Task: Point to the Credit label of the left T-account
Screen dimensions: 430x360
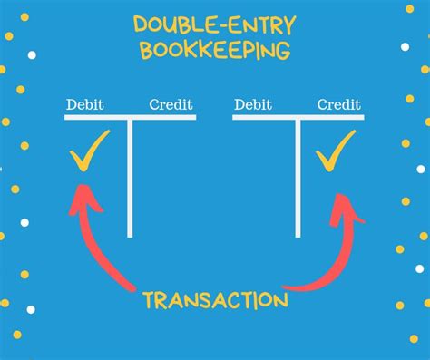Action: pyautogui.click(x=171, y=104)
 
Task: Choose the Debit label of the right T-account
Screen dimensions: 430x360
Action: pyautogui.click(x=253, y=104)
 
